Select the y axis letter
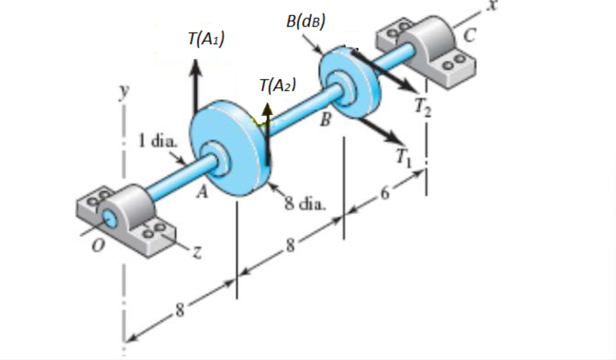(125, 91)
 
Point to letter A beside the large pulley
(199, 194)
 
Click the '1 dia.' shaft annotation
(157, 142)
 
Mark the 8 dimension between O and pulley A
(180, 310)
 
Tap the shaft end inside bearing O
(111, 217)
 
